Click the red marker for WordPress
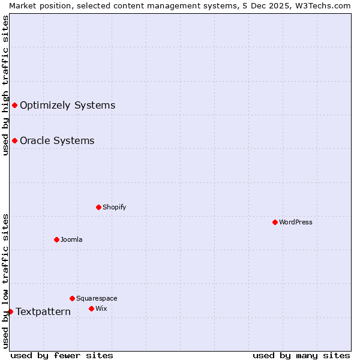click(275, 222)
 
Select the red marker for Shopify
click(98, 207)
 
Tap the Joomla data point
click(56, 239)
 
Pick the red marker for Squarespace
click(72, 298)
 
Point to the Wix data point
click(91, 308)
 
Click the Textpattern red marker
click(10, 311)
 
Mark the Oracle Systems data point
click(14, 140)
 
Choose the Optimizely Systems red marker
click(14, 105)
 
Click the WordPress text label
click(296, 222)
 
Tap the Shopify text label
click(115, 207)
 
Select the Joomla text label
click(71, 239)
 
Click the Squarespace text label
click(97, 298)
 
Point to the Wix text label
click(101, 308)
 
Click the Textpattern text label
click(43, 311)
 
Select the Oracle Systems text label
click(57, 140)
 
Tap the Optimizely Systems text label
click(67, 105)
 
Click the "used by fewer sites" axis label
click(62, 355)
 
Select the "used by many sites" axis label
click(301, 355)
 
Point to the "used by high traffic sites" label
click(5, 85)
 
